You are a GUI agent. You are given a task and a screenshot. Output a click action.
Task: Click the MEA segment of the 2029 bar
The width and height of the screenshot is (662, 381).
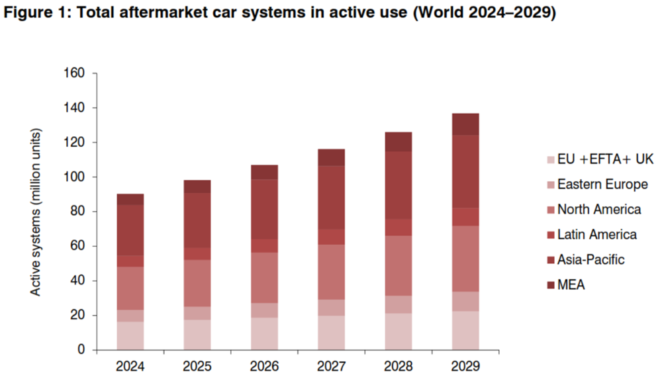tap(465, 124)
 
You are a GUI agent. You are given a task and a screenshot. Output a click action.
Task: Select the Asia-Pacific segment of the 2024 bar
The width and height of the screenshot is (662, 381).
tap(131, 230)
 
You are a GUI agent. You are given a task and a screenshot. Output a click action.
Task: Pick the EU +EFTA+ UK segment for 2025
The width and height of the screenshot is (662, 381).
tap(198, 335)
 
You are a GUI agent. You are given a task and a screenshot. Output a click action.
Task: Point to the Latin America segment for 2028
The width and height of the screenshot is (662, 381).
tap(399, 227)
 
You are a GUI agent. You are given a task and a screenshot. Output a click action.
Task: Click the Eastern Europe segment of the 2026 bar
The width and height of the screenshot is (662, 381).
tap(265, 310)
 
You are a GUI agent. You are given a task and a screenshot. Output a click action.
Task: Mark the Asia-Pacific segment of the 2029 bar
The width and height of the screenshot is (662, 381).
tap(465, 171)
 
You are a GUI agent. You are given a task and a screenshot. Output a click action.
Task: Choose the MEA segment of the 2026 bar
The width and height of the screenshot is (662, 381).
tap(265, 172)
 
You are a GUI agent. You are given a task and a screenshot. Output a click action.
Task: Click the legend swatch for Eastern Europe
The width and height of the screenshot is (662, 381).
tap(548, 185)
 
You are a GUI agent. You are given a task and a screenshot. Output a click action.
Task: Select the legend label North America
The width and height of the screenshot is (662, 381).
tap(599, 210)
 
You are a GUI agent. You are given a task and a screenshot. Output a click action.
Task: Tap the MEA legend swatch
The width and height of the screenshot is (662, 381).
tap(548, 285)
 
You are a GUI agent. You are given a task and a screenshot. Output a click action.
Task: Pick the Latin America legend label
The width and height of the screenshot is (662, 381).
tap(597, 235)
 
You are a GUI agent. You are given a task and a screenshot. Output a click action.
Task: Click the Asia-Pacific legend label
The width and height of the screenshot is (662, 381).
tap(591, 260)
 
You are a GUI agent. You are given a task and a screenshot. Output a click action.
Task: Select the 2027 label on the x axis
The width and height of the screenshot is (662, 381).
tap(332, 365)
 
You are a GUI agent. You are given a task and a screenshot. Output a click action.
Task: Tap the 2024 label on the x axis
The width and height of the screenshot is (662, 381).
tap(131, 365)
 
